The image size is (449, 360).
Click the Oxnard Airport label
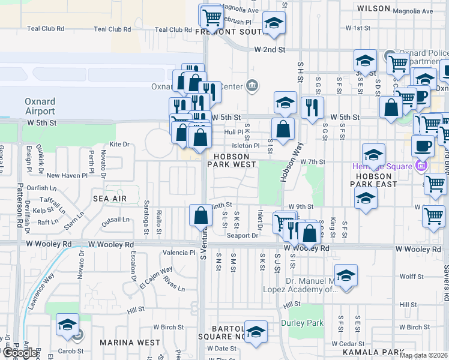point(40,106)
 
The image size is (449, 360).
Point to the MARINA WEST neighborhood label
point(130,343)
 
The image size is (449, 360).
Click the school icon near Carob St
point(67,325)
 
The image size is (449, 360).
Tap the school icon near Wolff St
point(346,275)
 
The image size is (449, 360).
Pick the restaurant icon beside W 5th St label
point(312,107)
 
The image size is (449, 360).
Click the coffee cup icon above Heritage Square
point(423,146)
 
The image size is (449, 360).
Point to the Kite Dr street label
point(119,145)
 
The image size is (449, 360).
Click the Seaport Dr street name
point(242,235)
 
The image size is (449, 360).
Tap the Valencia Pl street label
point(176,253)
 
